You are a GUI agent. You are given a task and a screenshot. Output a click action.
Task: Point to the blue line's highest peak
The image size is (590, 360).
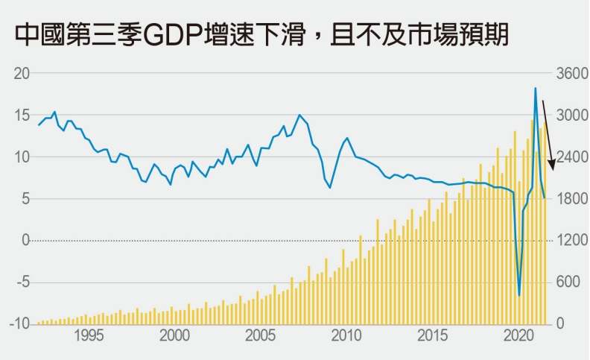click(x=535, y=88)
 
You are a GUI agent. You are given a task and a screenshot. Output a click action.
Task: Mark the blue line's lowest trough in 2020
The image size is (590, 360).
click(x=519, y=295)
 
